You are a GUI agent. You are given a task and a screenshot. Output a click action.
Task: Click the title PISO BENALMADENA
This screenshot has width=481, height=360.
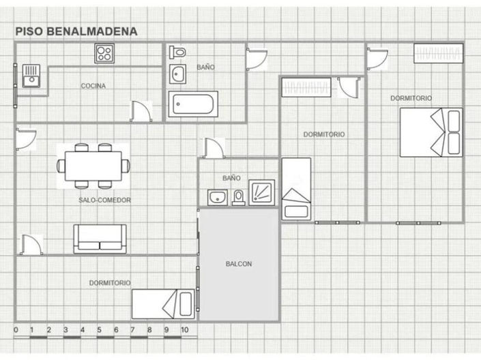[x=76, y=31]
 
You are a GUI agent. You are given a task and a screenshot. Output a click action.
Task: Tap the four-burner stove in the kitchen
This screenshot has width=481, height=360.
[x=104, y=53]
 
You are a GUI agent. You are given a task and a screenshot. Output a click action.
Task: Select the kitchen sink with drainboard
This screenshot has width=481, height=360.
[x=31, y=76]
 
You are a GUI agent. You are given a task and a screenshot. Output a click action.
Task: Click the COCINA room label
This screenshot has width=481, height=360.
[x=93, y=86]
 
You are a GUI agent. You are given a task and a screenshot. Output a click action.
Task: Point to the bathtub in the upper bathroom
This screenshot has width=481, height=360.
[x=193, y=104]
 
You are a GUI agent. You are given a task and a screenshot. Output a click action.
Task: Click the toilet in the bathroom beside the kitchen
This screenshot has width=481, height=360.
[x=177, y=52]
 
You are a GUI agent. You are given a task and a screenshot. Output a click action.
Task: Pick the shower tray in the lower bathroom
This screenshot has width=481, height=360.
[x=261, y=192]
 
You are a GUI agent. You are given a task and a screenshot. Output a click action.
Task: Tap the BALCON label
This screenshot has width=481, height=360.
[x=239, y=264]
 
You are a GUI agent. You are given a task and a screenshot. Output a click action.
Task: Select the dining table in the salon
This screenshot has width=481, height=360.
[x=93, y=166]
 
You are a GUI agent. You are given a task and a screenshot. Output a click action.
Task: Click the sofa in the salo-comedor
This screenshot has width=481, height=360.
[x=100, y=239]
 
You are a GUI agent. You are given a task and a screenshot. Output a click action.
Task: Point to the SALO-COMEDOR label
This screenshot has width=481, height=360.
[x=104, y=200]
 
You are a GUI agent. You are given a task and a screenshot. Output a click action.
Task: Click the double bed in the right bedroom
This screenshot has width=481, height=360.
[x=431, y=132]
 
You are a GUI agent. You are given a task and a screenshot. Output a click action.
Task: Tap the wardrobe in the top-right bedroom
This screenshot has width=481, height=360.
[x=439, y=53]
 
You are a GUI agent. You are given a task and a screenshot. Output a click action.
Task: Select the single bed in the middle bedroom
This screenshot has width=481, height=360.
[x=296, y=189]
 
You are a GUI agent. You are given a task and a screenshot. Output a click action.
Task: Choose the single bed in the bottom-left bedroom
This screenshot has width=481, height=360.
[x=163, y=304]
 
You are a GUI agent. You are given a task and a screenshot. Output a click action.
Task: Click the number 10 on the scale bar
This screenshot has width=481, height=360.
[x=184, y=330]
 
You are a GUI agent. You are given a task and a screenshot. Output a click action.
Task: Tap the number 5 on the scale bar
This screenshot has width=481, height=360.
[x=99, y=330]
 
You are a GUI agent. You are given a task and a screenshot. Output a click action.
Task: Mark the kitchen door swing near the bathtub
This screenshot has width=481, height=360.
[x=141, y=111]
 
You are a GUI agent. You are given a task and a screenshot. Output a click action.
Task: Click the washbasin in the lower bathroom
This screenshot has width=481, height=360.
[x=218, y=198]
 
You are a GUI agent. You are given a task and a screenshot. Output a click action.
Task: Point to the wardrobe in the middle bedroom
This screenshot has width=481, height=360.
[x=306, y=87]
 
